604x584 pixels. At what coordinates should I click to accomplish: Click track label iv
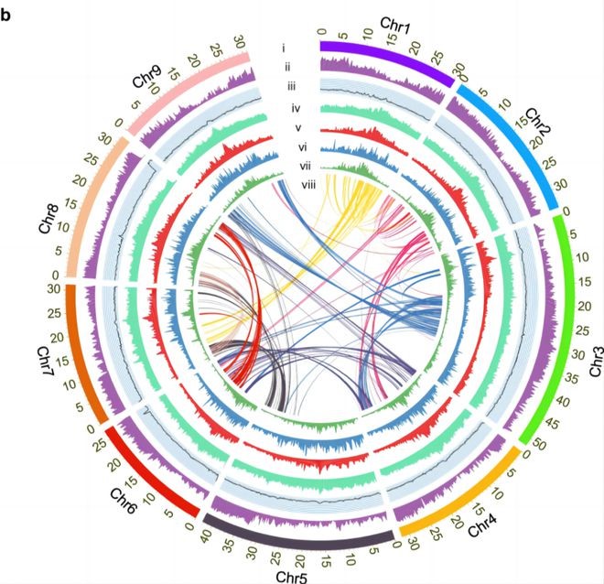click(x=296, y=108)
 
